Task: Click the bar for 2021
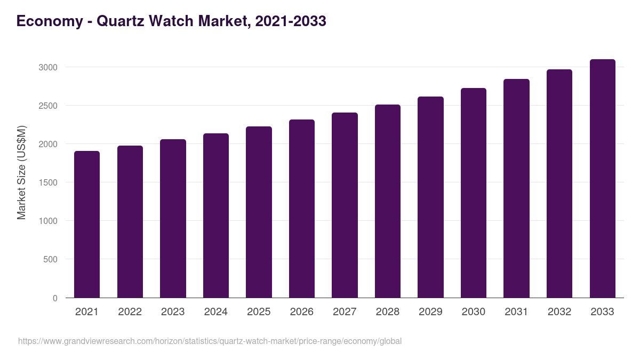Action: (87, 224)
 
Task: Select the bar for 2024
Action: (216, 215)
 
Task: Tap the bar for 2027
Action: (345, 205)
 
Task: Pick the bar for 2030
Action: (474, 193)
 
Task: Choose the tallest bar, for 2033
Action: (602, 178)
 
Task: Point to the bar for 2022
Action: (130, 221)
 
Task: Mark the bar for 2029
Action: (430, 197)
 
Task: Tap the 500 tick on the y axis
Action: (50, 259)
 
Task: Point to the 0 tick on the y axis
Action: (55, 298)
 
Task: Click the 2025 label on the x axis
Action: (259, 312)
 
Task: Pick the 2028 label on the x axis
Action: (388, 312)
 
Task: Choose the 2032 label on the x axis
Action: (559, 312)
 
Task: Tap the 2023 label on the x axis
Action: (173, 312)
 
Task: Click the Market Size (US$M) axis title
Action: (21, 172)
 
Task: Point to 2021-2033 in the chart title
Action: (291, 21)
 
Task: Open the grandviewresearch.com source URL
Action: (210, 341)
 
